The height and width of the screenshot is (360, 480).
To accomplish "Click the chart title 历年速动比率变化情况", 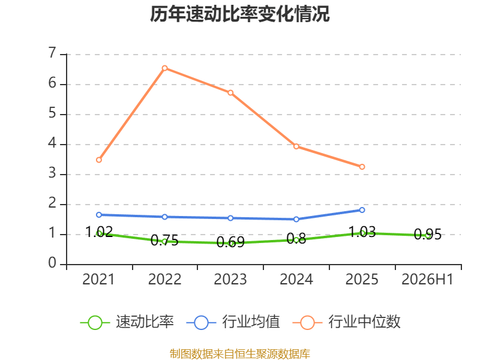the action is pyautogui.click(x=239, y=14).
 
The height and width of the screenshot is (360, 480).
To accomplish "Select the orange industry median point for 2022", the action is pyautogui.click(x=164, y=68).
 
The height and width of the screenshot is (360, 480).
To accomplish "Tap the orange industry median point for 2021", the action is pyautogui.click(x=99, y=160).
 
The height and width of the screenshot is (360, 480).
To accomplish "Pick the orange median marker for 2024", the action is pyautogui.click(x=296, y=146).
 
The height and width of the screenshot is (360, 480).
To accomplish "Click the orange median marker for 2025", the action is pyautogui.click(x=362, y=167).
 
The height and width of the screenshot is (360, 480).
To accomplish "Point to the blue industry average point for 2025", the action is pyautogui.click(x=362, y=210).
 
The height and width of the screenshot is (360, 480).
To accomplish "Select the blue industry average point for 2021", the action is pyautogui.click(x=99, y=215).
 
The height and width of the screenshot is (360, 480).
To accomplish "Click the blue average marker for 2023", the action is pyautogui.click(x=230, y=218).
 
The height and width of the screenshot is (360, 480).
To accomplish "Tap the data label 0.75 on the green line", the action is pyautogui.click(x=164, y=241).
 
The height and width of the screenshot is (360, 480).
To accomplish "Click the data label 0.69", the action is pyautogui.click(x=230, y=242).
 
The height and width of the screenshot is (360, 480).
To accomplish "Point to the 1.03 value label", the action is pyautogui.click(x=362, y=232).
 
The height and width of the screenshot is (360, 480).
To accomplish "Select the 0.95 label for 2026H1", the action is pyautogui.click(x=428, y=235).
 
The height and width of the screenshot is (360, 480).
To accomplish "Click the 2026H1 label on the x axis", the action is pyautogui.click(x=427, y=279).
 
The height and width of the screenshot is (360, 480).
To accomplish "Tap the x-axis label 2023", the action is pyautogui.click(x=230, y=279).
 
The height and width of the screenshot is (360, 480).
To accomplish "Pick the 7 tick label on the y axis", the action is pyautogui.click(x=52, y=53).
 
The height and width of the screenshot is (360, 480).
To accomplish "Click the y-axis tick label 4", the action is pyautogui.click(x=52, y=143).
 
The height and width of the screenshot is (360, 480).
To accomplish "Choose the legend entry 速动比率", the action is pyautogui.click(x=127, y=322).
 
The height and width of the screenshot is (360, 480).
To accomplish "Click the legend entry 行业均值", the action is pyautogui.click(x=233, y=322).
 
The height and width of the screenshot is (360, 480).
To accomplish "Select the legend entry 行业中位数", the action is pyautogui.click(x=347, y=322).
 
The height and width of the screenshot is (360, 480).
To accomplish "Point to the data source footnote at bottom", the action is pyautogui.click(x=240, y=354).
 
